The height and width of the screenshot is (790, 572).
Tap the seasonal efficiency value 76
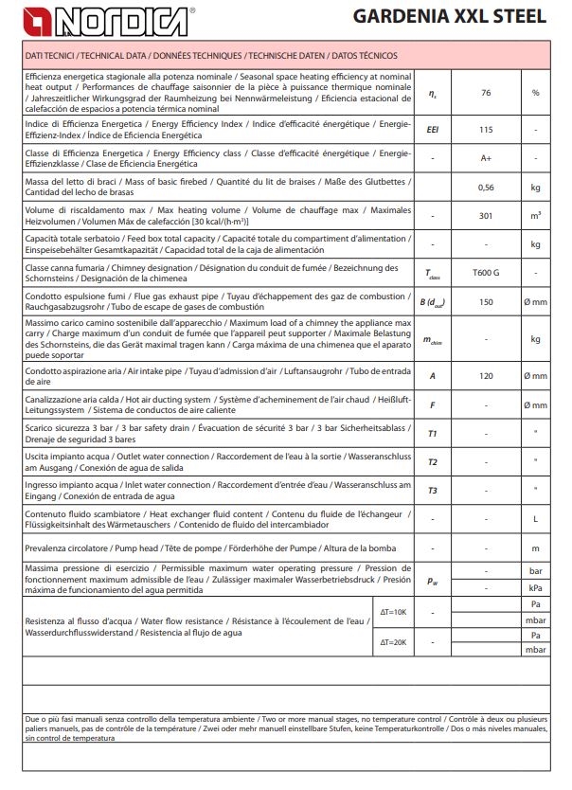point(486,93)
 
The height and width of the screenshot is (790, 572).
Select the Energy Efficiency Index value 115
point(486,129)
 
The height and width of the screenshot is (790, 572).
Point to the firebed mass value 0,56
point(486,188)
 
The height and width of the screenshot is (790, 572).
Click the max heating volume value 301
point(486,216)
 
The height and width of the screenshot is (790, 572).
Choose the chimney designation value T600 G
point(486,273)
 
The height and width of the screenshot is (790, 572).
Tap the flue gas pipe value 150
point(486,301)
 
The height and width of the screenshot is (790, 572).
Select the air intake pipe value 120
point(486,376)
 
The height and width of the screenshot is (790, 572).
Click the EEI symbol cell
point(432,129)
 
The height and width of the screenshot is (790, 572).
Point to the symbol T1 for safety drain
point(432,433)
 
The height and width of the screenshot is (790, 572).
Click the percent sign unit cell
point(535,93)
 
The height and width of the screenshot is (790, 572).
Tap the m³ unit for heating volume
point(535,216)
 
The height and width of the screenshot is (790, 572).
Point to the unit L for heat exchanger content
point(535,519)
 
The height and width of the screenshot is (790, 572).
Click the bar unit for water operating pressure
point(535,572)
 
